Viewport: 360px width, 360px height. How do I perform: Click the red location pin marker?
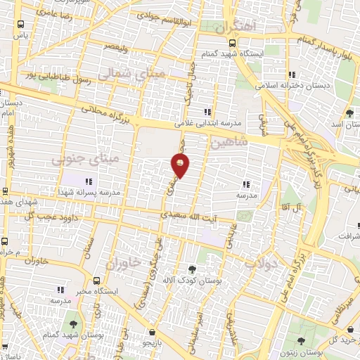point(180,165)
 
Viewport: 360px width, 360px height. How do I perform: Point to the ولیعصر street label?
point(116,45)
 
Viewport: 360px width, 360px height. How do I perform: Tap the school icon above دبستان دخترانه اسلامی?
point(291,74)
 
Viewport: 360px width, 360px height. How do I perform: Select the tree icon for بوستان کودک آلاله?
point(191,269)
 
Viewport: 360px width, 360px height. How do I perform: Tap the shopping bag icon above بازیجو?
point(152,332)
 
